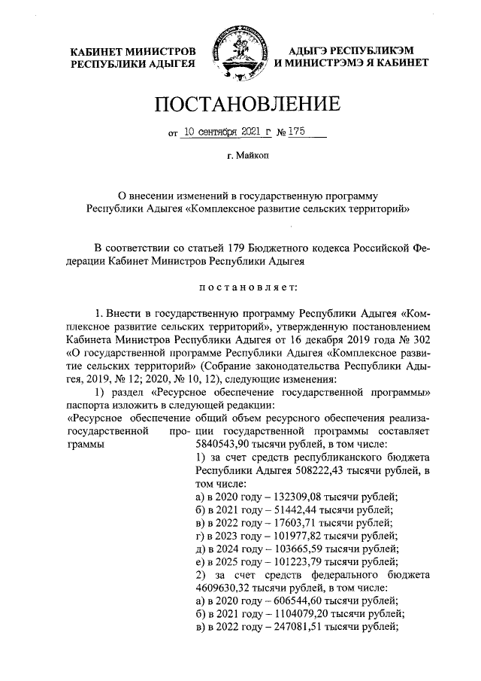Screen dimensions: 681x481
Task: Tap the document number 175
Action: [293, 131]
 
